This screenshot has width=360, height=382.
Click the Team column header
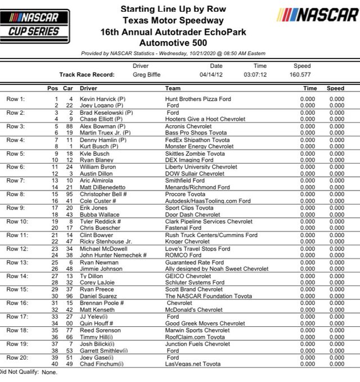click(172, 89)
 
